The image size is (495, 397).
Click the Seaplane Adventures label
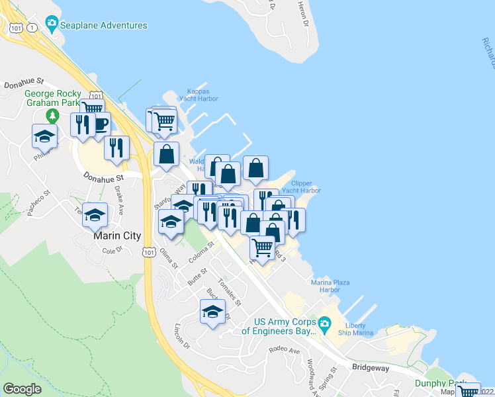click(104, 25)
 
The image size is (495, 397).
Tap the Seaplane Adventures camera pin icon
click(52, 24)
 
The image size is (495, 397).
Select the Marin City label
click(112, 235)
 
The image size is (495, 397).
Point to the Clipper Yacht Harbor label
click(301, 187)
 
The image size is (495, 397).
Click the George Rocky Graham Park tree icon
click(52, 116)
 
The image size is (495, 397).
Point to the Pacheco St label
click(38, 202)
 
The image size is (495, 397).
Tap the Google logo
click(22, 389)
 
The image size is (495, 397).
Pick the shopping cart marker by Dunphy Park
click(469, 392)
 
